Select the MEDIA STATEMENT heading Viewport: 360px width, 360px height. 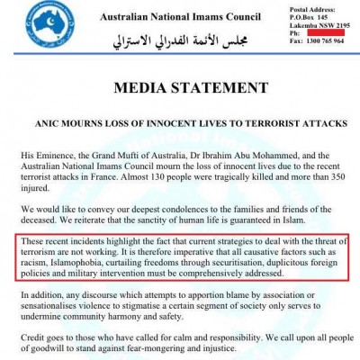pyautogui.click(x=179, y=88)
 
